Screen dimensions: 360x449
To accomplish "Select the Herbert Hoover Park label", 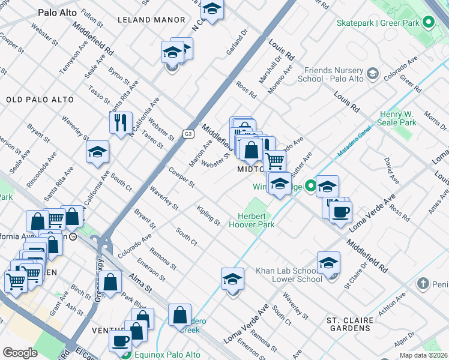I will click(x=252, y=220).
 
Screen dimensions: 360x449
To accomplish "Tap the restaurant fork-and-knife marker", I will click(x=121, y=122).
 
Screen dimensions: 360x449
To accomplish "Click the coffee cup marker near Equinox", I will click(x=120, y=340).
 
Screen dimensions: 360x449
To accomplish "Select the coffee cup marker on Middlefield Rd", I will click(x=341, y=211).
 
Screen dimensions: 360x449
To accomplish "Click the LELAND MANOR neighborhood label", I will click(x=143, y=20).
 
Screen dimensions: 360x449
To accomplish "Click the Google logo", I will click(x=20, y=353).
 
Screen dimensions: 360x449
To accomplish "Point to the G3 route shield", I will click(x=189, y=133).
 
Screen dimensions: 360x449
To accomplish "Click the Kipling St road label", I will click(x=208, y=215).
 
